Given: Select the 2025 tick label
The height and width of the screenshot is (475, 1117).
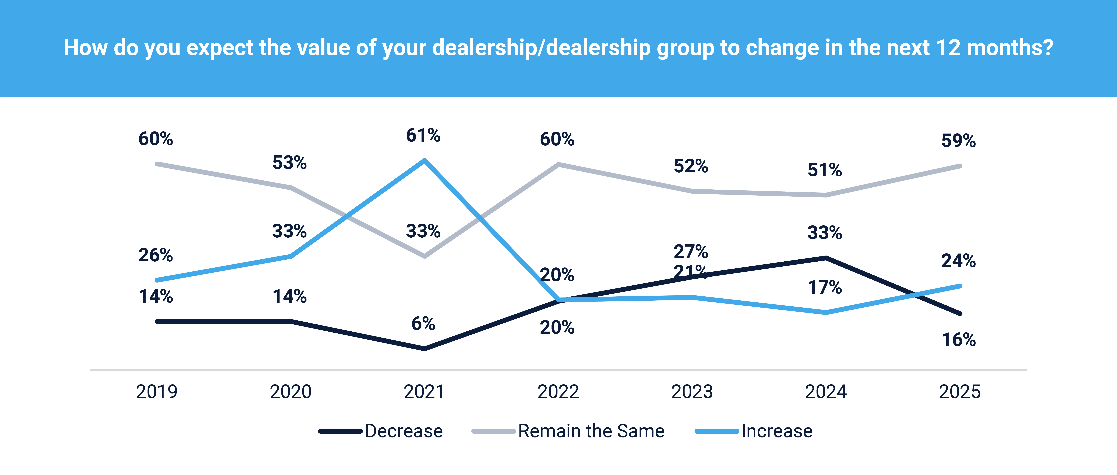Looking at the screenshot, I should pyautogui.click(x=960, y=392).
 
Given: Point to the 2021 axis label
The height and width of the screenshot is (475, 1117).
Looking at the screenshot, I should pyautogui.click(x=424, y=392).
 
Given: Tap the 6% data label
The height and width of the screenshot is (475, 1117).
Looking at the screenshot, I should pyautogui.click(x=423, y=324).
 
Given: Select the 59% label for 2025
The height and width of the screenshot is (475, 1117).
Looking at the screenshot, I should pyautogui.click(x=958, y=141).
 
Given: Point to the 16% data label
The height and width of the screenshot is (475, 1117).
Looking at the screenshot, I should pyautogui.click(x=958, y=340).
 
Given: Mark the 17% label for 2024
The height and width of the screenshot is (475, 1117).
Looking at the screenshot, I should pyautogui.click(x=825, y=287).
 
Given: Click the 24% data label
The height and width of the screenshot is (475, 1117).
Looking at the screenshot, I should pyautogui.click(x=958, y=261).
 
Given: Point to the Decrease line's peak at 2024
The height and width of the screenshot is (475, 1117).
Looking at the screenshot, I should pyautogui.click(x=826, y=258).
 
